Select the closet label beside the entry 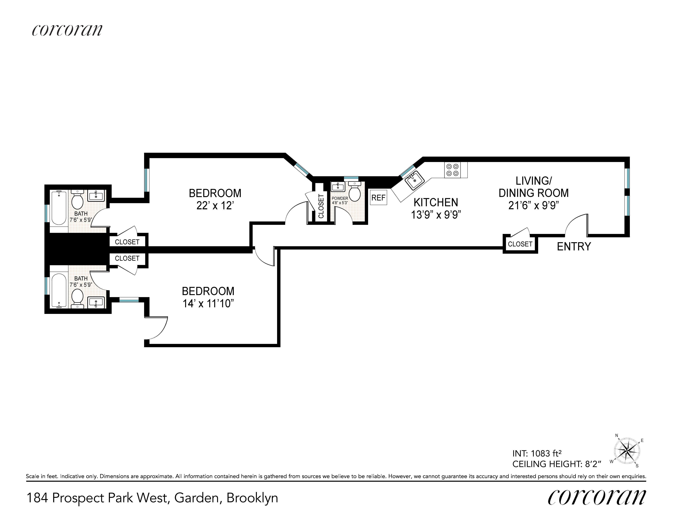point(520,244)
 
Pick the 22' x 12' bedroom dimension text point(215,206)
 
